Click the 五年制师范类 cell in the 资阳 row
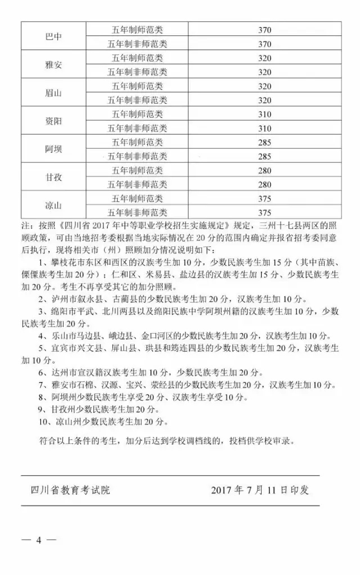click(137, 114)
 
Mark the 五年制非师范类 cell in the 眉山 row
click(137, 100)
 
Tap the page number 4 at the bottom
click(39, 540)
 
